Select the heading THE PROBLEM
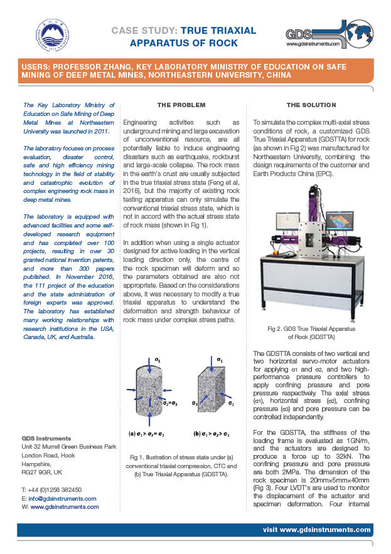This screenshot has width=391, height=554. (181, 105)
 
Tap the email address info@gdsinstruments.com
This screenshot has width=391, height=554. (62, 499)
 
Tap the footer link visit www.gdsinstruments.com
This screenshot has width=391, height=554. (316, 530)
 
